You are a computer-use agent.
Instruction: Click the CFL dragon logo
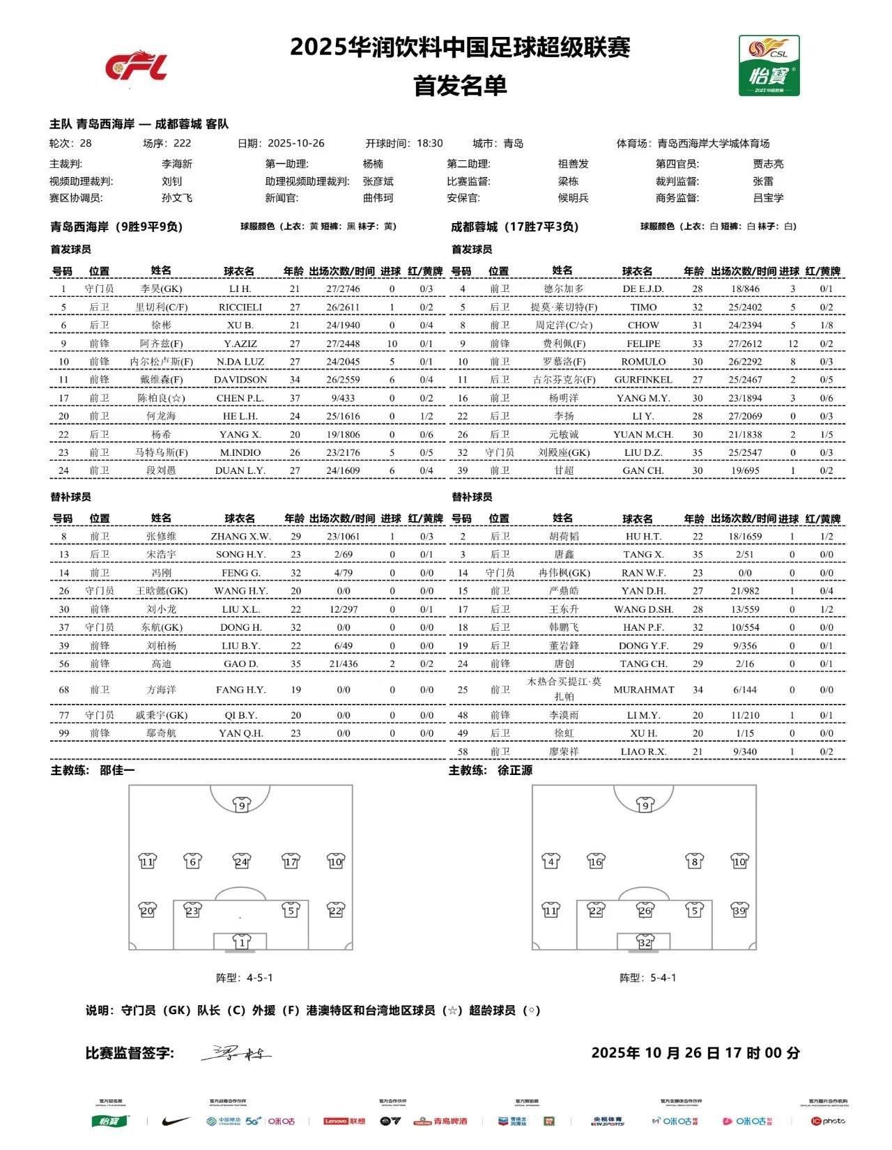click(137, 66)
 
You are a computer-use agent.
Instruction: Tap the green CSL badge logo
click(769, 66)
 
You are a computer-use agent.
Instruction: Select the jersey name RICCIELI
click(240, 307)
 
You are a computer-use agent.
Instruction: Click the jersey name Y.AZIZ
click(240, 344)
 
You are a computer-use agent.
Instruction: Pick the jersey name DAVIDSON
click(240, 380)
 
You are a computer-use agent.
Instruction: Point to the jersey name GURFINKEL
click(643, 380)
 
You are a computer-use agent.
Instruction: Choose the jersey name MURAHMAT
click(643, 690)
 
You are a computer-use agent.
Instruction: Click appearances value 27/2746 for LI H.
click(342, 289)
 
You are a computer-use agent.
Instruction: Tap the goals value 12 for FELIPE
click(792, 344)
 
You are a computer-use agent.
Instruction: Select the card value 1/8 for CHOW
click(826, 325)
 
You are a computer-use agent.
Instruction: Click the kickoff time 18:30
click(430, 144)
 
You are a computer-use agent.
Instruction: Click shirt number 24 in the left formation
click(241, 861)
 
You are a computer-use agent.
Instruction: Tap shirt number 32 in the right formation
click(645, 942)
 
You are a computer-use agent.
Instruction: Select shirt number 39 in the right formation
click(739, 910)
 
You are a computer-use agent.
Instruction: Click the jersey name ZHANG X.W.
click(240, 537)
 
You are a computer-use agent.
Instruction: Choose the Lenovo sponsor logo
click(344, 1121)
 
